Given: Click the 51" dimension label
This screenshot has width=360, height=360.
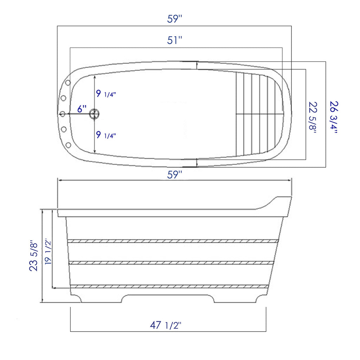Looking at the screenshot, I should (174, 40).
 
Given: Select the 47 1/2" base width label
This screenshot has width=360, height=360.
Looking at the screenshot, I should (165, 325).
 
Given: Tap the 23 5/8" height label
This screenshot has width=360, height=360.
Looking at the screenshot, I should (34, 256).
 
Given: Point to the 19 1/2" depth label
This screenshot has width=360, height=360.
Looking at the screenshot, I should (48, 252).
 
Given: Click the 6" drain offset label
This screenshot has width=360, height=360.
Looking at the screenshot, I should (82, 109).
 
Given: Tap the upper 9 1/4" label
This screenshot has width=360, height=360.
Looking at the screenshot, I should (106, 94).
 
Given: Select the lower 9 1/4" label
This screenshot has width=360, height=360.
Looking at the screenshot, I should (106, 135).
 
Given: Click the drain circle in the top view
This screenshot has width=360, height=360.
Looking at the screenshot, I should (95, 114).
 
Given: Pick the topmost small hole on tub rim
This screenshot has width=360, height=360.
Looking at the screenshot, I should (68, 82).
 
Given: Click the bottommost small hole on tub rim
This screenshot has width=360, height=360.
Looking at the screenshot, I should (68, 145).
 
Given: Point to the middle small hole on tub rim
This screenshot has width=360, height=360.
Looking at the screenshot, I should (63, 114).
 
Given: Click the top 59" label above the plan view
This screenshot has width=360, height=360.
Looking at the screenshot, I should (174, 19).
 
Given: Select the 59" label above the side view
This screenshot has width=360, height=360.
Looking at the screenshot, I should (174, 174).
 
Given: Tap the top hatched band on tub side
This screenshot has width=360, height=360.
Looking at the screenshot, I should (173, 241).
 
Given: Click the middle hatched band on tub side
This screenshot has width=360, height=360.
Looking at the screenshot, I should (171, 263).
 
